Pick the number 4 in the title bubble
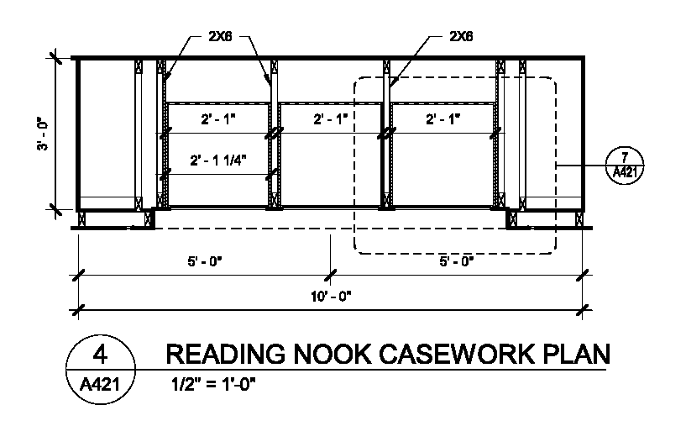pyautogui.click(x=99, y=354)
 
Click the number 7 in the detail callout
pyautogui.click(x=624, y=157)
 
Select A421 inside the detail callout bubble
pyautogui.click(x=624, y=172)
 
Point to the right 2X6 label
pyautogui.click(x=462, y=37)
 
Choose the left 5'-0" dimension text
pyautogui.click(x=204, y=261)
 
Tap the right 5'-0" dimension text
pyautogui.click(x=457, y=261)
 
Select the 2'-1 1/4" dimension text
pyautogui.click(x=219, y=160)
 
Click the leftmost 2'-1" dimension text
pyautogui.click(x=219, y=119)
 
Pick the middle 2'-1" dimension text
pyautogui.click(x=331, y=119)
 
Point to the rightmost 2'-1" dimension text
pyautogui.click(x=443, y=119)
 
